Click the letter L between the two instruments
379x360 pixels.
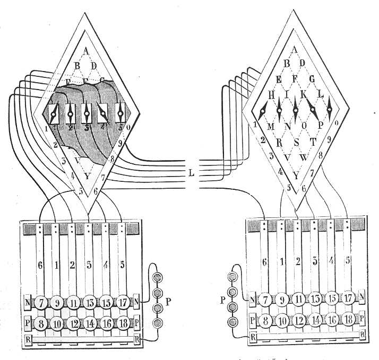pos(191,172)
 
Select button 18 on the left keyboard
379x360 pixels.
pos(123,322)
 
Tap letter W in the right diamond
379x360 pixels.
pos(304,157)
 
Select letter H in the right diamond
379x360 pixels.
pos(271,95)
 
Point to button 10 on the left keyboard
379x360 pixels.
pos(57,322)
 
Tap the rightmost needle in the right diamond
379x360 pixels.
pos(329,110)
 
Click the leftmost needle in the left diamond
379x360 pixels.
pos(53,112)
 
